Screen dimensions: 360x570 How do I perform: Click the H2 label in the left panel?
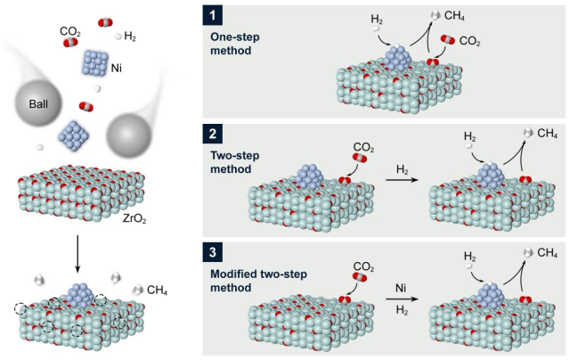coord(130,37)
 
